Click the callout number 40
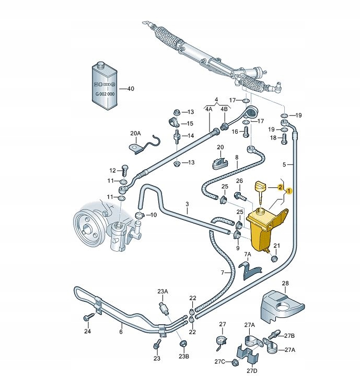tap(131, 89)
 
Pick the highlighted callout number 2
tap(280, 187)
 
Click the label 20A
tap(135, 133)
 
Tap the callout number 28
tap(285, 283)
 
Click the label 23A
tap(163, 292)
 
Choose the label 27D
tap(252, 371)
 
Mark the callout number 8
tap(236, 157)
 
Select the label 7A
tap(248, 254)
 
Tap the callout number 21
tap(277, 245)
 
